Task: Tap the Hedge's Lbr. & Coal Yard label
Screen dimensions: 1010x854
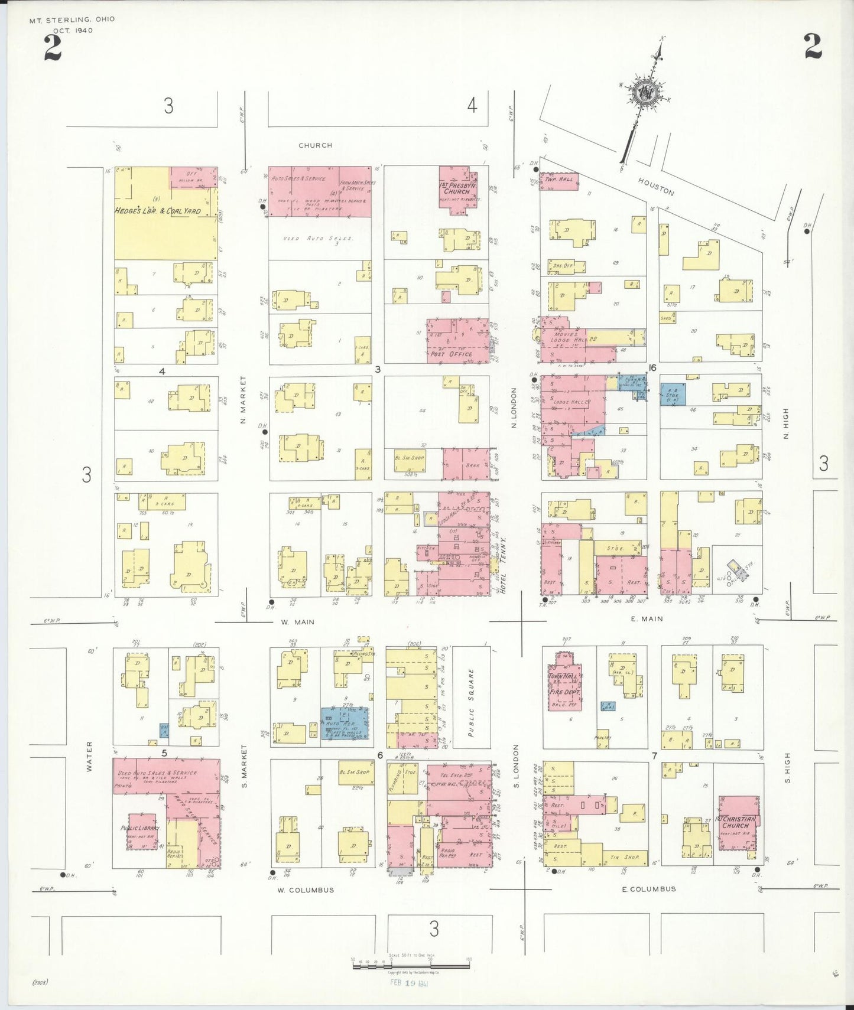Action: tap(157, 211)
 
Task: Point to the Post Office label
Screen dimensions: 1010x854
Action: tap(452, 354)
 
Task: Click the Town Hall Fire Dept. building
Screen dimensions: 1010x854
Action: tap(565, 682)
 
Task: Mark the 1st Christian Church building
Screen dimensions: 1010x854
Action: tap(738, 823)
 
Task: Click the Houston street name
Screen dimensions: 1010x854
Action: tap(656, 187)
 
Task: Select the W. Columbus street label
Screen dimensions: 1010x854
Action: tap(306, 890)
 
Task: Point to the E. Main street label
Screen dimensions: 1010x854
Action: tap(647, 619)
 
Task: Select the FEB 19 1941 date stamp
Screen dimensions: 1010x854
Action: tap(409, 983)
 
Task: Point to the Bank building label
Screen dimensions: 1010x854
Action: tap(472, 465)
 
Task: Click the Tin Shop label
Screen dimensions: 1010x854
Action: tap(625, 857)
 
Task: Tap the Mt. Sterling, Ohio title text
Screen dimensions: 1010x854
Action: tap(72, 19)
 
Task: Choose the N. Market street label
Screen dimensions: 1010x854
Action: tap(243, 400)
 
